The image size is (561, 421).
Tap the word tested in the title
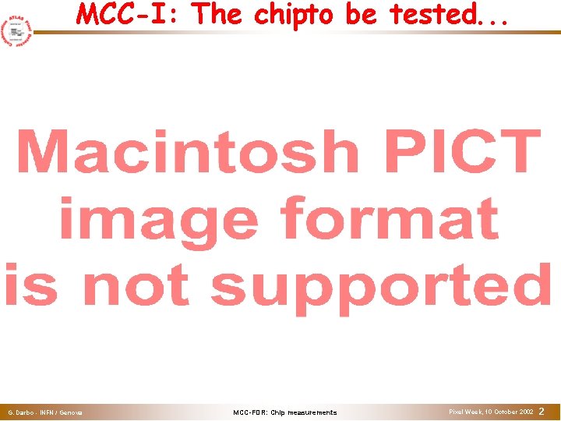point(436,14)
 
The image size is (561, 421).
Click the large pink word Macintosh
point(187,153)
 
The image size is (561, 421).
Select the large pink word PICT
point(460,153)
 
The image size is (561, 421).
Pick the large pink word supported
point(382,286)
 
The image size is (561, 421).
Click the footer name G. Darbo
point(20,412)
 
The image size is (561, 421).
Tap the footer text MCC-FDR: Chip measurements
point(285,412)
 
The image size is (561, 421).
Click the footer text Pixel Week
point(466,411)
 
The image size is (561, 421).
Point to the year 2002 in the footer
point(525,411)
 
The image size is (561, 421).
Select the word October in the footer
point(503,411)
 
